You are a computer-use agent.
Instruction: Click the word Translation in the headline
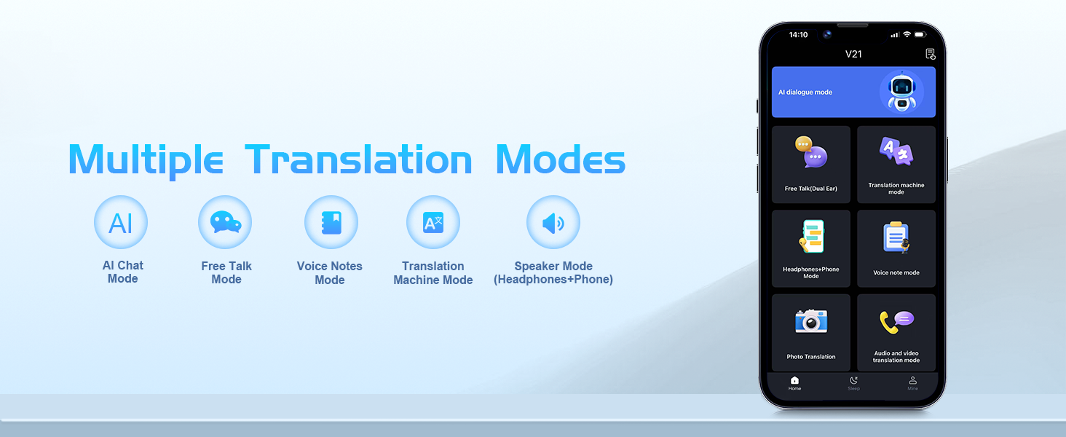(x=358, y=160)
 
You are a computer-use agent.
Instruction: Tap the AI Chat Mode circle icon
(x=121, y=222)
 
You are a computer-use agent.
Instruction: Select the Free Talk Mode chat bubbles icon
(x=225, y=222)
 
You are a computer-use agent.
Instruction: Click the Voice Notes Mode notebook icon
(x=331, y=222)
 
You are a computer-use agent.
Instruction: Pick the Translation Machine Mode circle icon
(x=433, y=222)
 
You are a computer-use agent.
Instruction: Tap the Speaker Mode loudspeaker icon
(x=553, y=222)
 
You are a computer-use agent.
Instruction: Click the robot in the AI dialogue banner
(x=901, y=91)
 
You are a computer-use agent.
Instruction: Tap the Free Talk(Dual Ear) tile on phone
(x=811, y=164)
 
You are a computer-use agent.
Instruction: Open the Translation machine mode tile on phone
(x=896, y=164)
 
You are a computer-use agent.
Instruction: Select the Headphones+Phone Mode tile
(x=811, y=248)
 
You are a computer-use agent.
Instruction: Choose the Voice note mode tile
(x=896, y=248)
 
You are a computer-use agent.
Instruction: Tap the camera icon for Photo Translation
(x=811, y=321)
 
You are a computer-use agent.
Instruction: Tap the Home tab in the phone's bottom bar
(x=794, y=382)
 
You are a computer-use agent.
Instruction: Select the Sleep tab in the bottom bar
(x=854, y=382)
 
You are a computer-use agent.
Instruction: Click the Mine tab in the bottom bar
(x=913, y=382)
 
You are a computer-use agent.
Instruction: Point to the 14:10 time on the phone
(x=798, y=35)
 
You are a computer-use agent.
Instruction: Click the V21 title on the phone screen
(x=853, y=54)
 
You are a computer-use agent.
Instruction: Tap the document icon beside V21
(x=931, y=54)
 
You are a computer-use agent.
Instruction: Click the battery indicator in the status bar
(x=920, y=34)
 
